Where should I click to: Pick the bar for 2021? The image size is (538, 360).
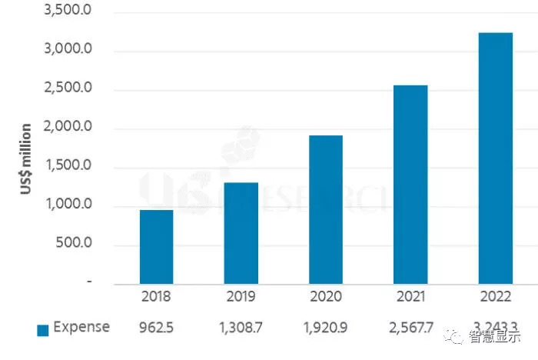410,184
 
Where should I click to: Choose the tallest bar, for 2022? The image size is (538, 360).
496,158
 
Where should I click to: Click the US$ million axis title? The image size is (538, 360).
26,159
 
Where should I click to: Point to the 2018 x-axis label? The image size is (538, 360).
156,296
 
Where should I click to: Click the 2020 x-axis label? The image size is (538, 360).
326,296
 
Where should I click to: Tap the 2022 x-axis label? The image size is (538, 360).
496,296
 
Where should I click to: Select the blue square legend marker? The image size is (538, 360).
43,329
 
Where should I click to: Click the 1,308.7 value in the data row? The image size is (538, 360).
241,328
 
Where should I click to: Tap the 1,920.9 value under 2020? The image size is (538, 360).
326,328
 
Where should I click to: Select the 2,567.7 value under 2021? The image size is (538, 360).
410,328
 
